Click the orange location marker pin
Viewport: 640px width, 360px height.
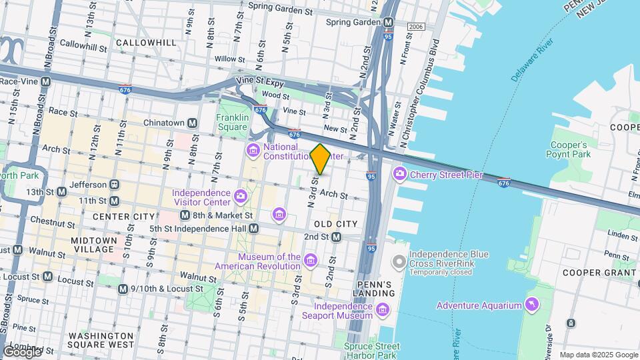[x=320, y=159]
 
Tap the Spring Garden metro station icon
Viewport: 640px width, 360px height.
[x=389, y=22]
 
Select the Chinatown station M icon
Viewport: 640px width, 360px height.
[x=192, y=123]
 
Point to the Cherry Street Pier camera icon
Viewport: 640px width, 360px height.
[x=400, y=175]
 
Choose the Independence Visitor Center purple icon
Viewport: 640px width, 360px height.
[x=240, y=196]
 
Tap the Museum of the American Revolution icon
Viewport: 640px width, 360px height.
[x=310, y=259]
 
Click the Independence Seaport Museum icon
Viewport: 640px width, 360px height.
[x=383, y=310]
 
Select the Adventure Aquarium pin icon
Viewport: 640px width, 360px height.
[x=531, y=305]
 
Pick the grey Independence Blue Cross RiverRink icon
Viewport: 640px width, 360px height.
[x=399, y=261]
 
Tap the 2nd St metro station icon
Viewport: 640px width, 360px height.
[x=337, y=237]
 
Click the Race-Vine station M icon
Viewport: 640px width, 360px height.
[x=45, y=81]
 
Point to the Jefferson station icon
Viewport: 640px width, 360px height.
[x=114, y=185]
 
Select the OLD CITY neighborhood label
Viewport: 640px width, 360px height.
[x=332, y=223]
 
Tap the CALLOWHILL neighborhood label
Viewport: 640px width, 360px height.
[x=146, y=43]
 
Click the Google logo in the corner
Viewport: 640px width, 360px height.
[x=22, y=351]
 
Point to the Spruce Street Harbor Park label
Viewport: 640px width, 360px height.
[x=372, y=351]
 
